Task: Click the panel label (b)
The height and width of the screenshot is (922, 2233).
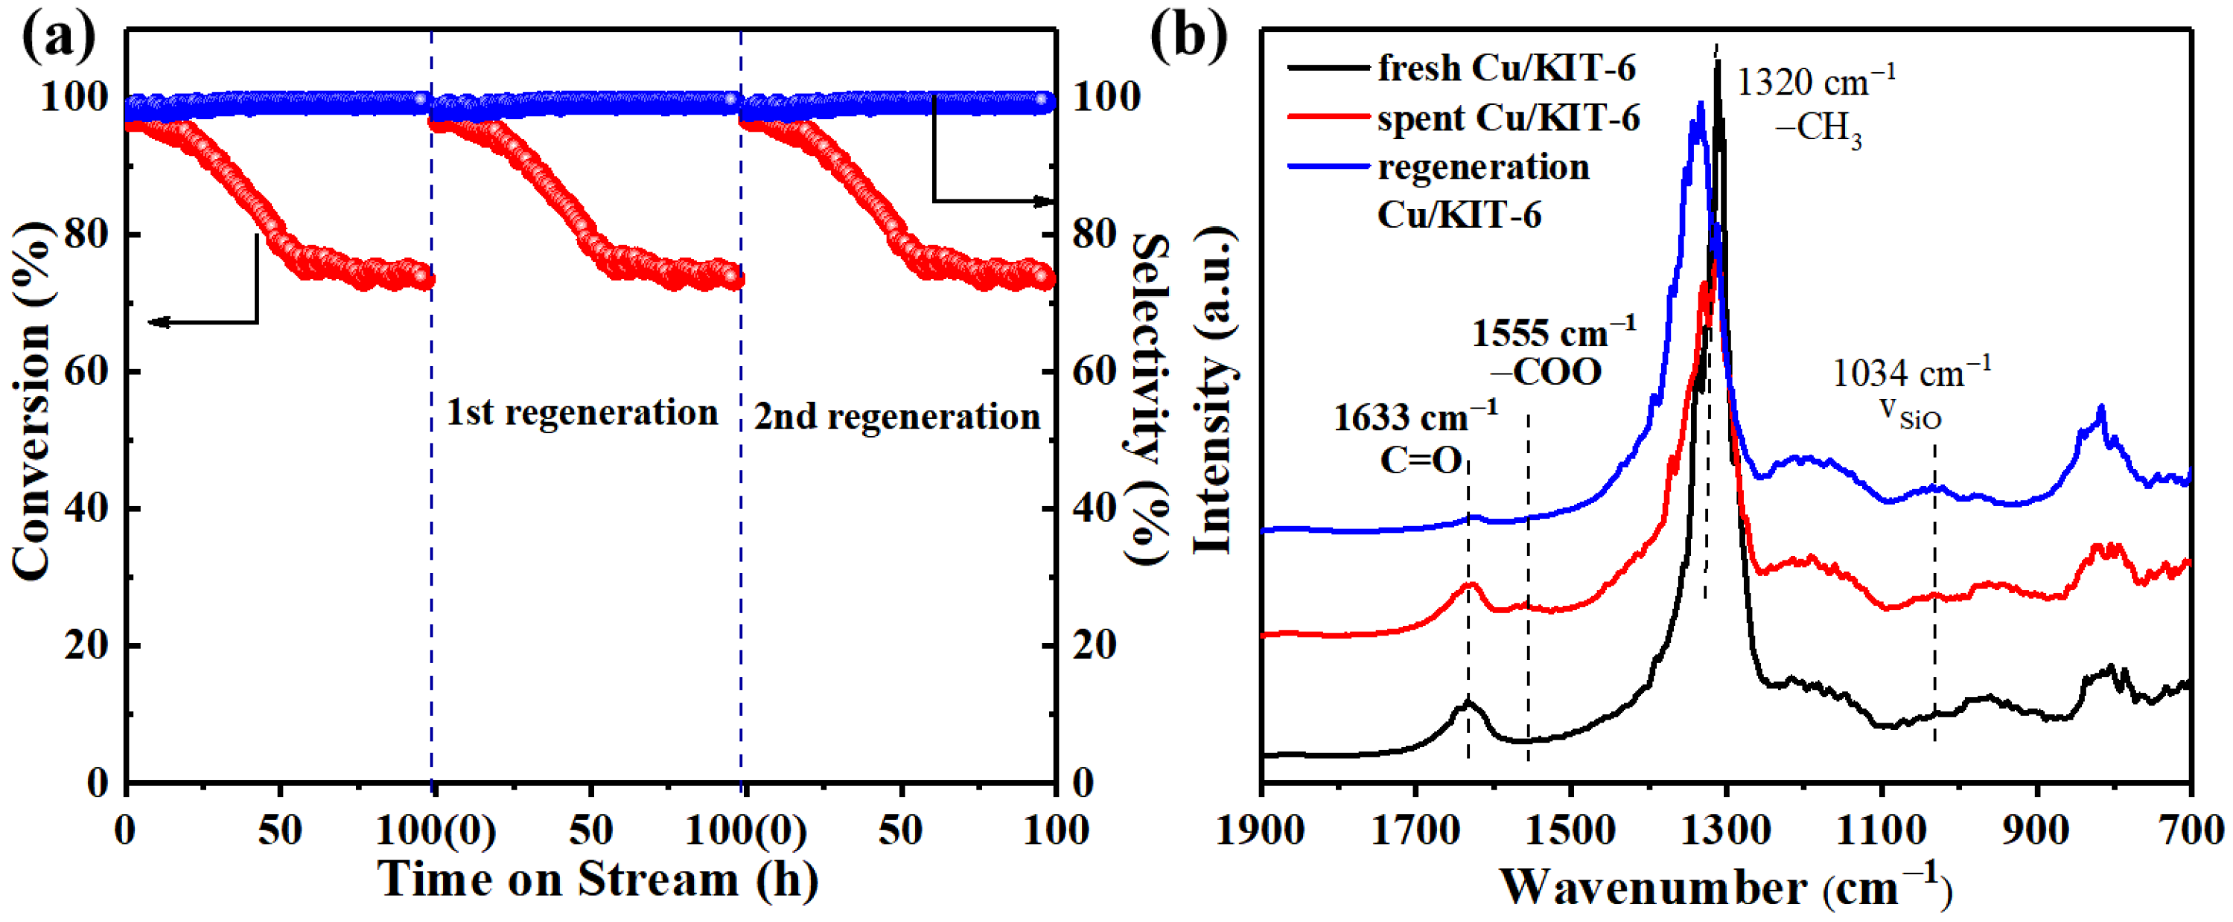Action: point(1188,36)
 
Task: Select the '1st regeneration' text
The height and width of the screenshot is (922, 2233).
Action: point(582,412)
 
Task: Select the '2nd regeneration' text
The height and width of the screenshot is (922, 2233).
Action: point(896,416)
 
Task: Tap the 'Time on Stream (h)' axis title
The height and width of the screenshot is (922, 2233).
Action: point(598,879)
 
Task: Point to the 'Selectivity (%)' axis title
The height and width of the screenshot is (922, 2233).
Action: point(1150,399)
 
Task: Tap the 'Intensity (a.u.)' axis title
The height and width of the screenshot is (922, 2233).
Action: point(1214,390)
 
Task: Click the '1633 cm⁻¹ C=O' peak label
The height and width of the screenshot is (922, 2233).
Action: point(1416,438)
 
